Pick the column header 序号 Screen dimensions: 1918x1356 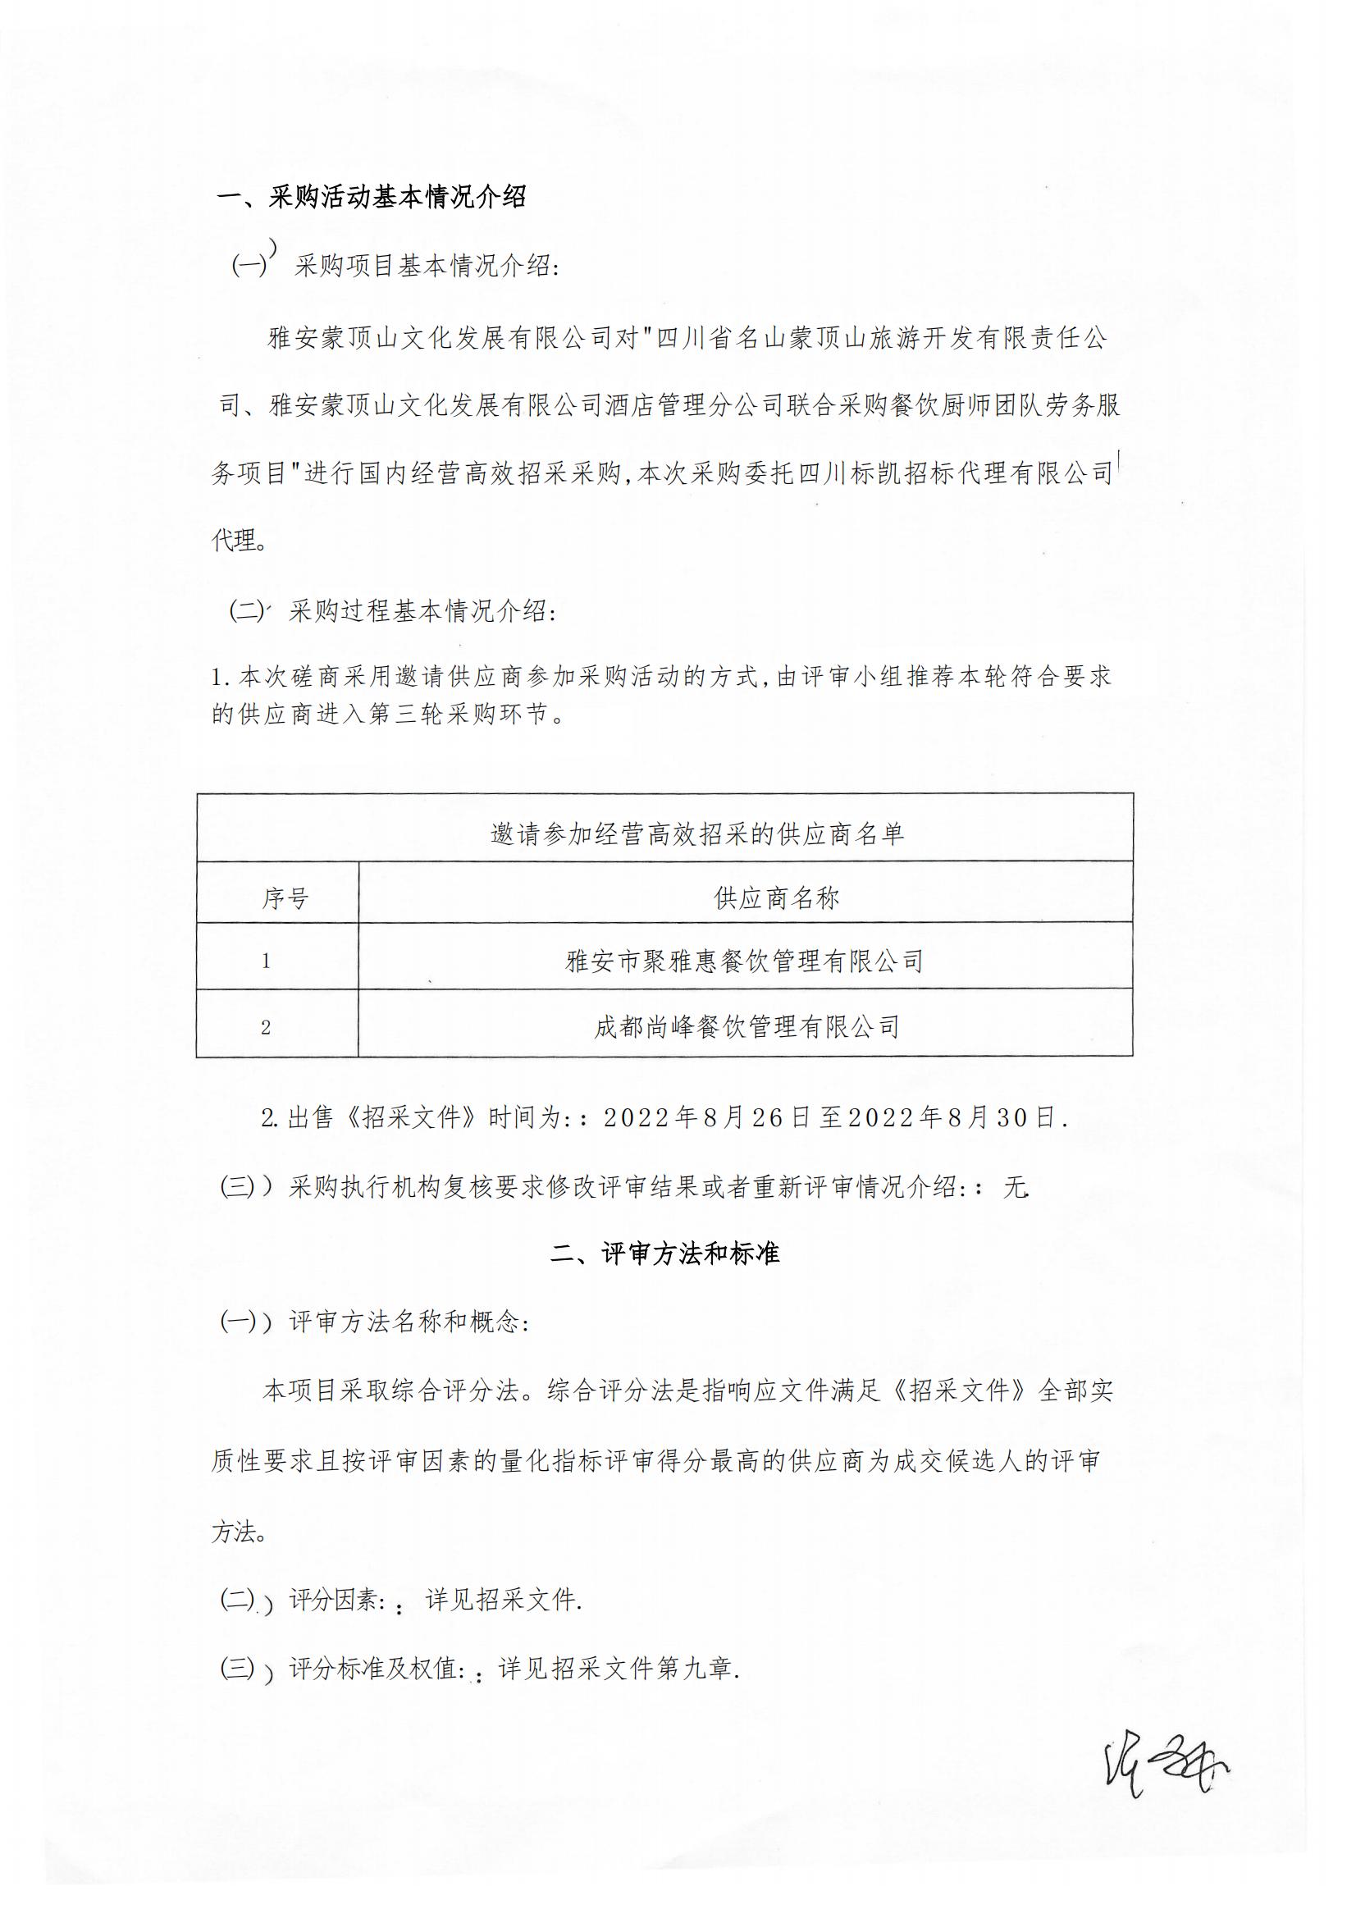tap(285, 898)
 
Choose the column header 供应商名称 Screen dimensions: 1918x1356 tap(776, 898)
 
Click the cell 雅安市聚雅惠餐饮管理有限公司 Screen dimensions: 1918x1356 tap(744, 961)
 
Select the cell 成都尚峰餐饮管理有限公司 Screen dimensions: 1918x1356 tap(746, 1026)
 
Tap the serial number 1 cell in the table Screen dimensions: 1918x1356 tap(266, 961)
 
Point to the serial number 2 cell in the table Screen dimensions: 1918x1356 tap(266, 1027)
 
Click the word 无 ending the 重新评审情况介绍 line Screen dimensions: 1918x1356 tap(1014, 1187)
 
